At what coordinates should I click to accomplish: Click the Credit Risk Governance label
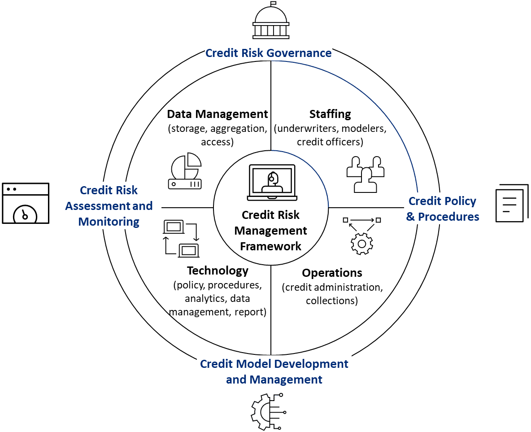[x=268, y=53]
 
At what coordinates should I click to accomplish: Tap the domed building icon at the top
[x=270, y=21]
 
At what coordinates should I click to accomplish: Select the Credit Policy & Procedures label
[x=442, y=209]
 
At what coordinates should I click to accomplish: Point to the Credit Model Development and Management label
[x=274, y=371]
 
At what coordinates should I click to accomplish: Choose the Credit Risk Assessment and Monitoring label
[x=109, y=206]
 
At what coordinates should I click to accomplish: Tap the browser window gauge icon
[x=26, y=203]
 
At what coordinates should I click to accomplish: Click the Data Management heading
[x=218, y=114]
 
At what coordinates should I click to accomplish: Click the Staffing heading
[x=330, y=114]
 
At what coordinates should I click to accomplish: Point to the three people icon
[x=366, y=174]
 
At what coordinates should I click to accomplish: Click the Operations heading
[x=332, y=273]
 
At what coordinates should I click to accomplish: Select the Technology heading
[x=218, y=271]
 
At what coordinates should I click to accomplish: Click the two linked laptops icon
[x=181, y=238]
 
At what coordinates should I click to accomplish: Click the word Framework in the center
[x=270, y=246]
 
